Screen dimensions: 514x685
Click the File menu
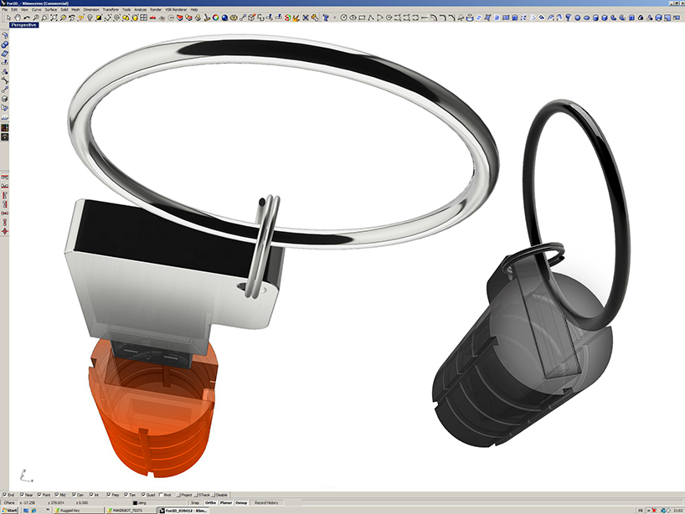pos(4,9)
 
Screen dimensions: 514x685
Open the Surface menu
pos(50,9)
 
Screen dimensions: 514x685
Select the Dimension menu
pos(90,9)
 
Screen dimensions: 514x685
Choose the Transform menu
pos(110,9)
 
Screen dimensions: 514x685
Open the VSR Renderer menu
pos(175,9)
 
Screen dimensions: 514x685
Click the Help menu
pos(194,9)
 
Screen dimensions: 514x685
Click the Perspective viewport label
pos(23,25)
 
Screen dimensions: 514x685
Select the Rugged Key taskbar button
pos(74,510)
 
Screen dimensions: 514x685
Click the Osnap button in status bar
pos(241,502)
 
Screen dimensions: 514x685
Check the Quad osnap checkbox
pos(149,495)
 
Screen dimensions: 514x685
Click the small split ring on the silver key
pos(265,243)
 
